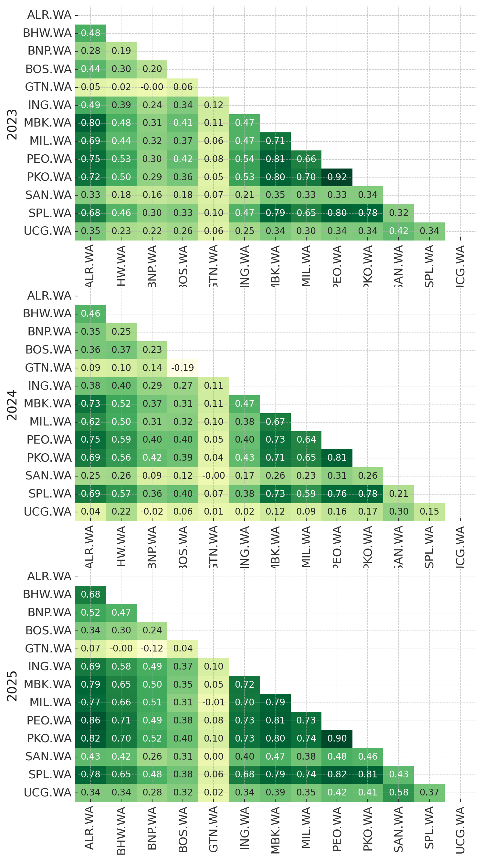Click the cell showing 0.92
coord(337,177)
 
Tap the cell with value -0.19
coord(183,368)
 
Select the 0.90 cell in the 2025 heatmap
coord(337,738)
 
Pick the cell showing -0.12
coord(152,649)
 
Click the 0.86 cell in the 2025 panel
coord(90,720)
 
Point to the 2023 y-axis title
coord(12,124)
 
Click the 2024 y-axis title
coord(12,405)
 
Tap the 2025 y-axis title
coord(12,686)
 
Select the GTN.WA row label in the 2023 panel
coord(48,87)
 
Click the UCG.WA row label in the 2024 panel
coord(47,512)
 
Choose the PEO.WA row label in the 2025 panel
coord(49,720)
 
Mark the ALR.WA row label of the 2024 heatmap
coord(49,296)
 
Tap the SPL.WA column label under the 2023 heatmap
coord(429,266)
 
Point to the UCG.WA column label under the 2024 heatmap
coord(460,547)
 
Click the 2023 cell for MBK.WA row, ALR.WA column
coord(90,123)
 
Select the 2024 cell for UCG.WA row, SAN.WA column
coord(398,512)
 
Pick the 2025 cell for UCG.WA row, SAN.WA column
coord(398,793)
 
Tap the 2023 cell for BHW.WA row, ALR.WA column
coord(90,33)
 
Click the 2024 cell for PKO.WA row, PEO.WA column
coord(337,457)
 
